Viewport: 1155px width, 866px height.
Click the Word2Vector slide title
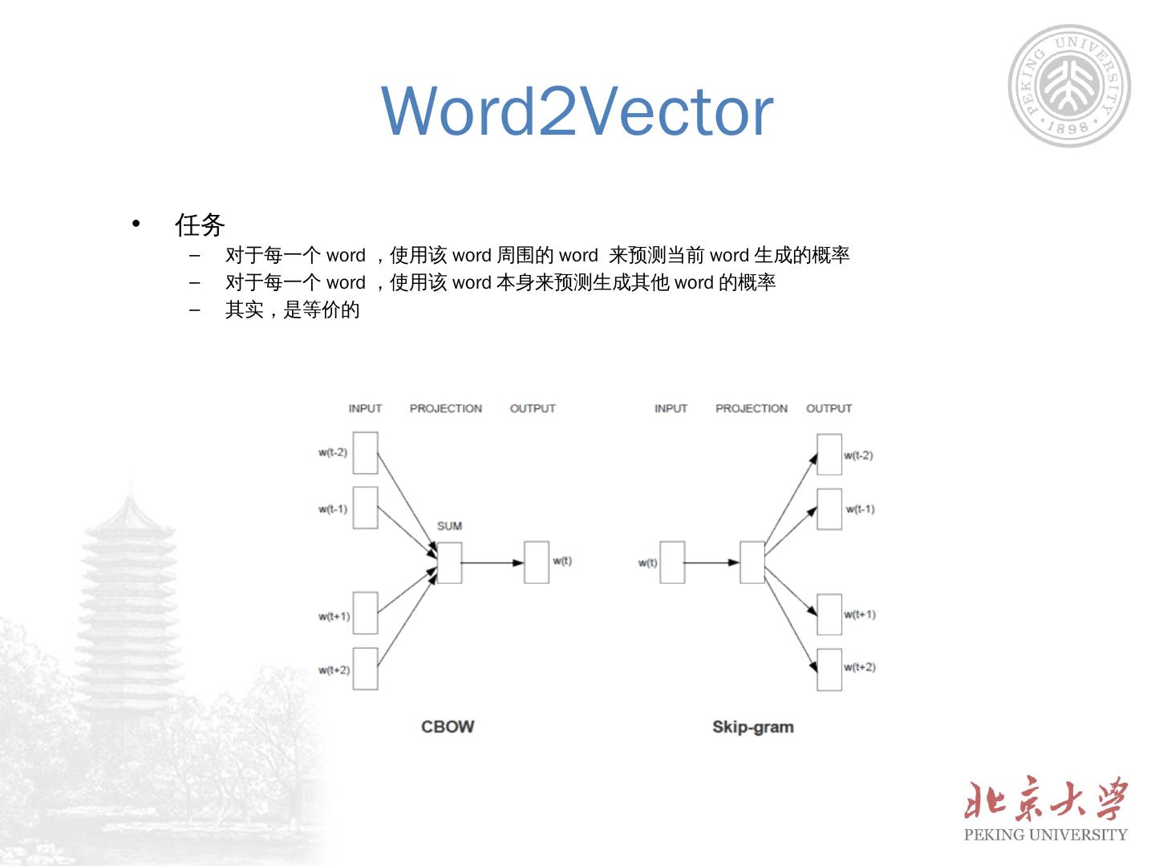[x=577, y=111]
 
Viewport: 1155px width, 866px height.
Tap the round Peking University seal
[x=1069, y=86]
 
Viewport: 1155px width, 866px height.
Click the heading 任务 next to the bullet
[x=200, y=225]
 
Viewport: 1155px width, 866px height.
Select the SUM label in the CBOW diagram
[x=449, y=526]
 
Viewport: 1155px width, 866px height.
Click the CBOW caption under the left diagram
[x=448, y=726]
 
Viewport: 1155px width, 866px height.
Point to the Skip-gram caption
[x=752, y=727]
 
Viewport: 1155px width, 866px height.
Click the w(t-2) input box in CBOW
[x=365, y=453]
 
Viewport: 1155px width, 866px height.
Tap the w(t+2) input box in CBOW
[x=365, y=669]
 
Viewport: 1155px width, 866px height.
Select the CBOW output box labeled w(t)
[x=537, y=562]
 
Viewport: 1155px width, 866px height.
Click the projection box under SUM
[x=449, y=562]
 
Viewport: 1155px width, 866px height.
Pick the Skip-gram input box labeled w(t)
[x=672, y=562]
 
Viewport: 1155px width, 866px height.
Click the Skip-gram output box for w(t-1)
[x=829, y=509]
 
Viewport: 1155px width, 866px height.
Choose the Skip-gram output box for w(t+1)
[x=829, y=615]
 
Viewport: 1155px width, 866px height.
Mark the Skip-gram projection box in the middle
[x=752, y=562]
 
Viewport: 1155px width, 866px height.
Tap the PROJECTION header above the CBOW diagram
[x=446, y=408]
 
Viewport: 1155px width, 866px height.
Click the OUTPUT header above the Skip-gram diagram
[x=829, y=408]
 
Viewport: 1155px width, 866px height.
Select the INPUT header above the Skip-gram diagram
[x=671, y=408]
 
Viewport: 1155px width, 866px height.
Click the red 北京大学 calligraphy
[x=1045, y=799]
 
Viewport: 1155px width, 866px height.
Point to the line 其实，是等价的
[x=292, y=310]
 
